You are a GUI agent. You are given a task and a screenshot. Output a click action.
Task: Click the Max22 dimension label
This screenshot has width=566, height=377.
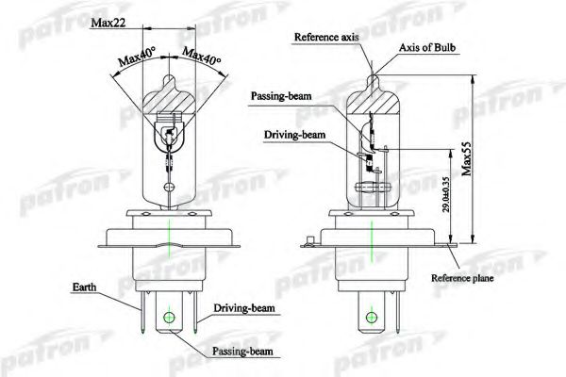(x=108, y=23)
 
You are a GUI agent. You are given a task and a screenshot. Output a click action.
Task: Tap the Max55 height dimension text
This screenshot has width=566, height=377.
(x=467, y=158)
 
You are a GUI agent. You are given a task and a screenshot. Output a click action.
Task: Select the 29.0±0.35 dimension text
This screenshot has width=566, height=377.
(x=446, y=194)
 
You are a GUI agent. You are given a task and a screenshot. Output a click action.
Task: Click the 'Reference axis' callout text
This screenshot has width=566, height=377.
(x=326, y=37)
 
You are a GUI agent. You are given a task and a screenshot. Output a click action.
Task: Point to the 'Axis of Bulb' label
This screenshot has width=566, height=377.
(x=427, y=48)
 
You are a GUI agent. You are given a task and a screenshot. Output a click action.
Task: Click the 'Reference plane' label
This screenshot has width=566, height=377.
(x=462, y=278)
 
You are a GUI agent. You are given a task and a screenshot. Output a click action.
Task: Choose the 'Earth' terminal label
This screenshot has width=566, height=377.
(x=85, y=287)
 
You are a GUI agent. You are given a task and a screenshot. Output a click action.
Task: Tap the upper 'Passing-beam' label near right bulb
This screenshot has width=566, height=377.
(x=281, y=96)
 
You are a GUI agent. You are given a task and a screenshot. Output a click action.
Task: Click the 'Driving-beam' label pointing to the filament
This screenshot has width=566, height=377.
(x=294, y=135)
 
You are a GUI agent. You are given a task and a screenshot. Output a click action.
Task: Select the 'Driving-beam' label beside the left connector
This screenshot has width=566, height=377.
(x=244, y=308)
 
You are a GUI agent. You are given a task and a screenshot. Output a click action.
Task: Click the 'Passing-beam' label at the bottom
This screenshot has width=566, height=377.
(x=242, y=351)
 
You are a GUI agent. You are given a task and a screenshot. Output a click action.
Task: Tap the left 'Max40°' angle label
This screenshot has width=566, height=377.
(x=137, y=56)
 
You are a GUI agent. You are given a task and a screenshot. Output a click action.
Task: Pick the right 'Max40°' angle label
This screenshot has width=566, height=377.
(x=202, y=57)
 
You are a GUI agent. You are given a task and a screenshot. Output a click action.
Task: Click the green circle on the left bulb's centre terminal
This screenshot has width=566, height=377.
(x=169, y=318)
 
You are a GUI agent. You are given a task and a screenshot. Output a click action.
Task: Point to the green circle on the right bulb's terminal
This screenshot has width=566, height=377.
(x=372, y=318)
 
